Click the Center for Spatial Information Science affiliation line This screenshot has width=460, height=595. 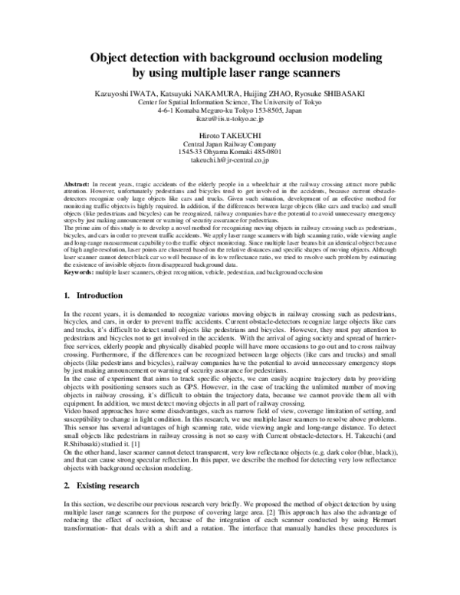[x=229, y=101]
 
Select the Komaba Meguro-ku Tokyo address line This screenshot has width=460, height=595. [x=229, y=110]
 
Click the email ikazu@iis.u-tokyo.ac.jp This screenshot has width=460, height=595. [x=229, y=120]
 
